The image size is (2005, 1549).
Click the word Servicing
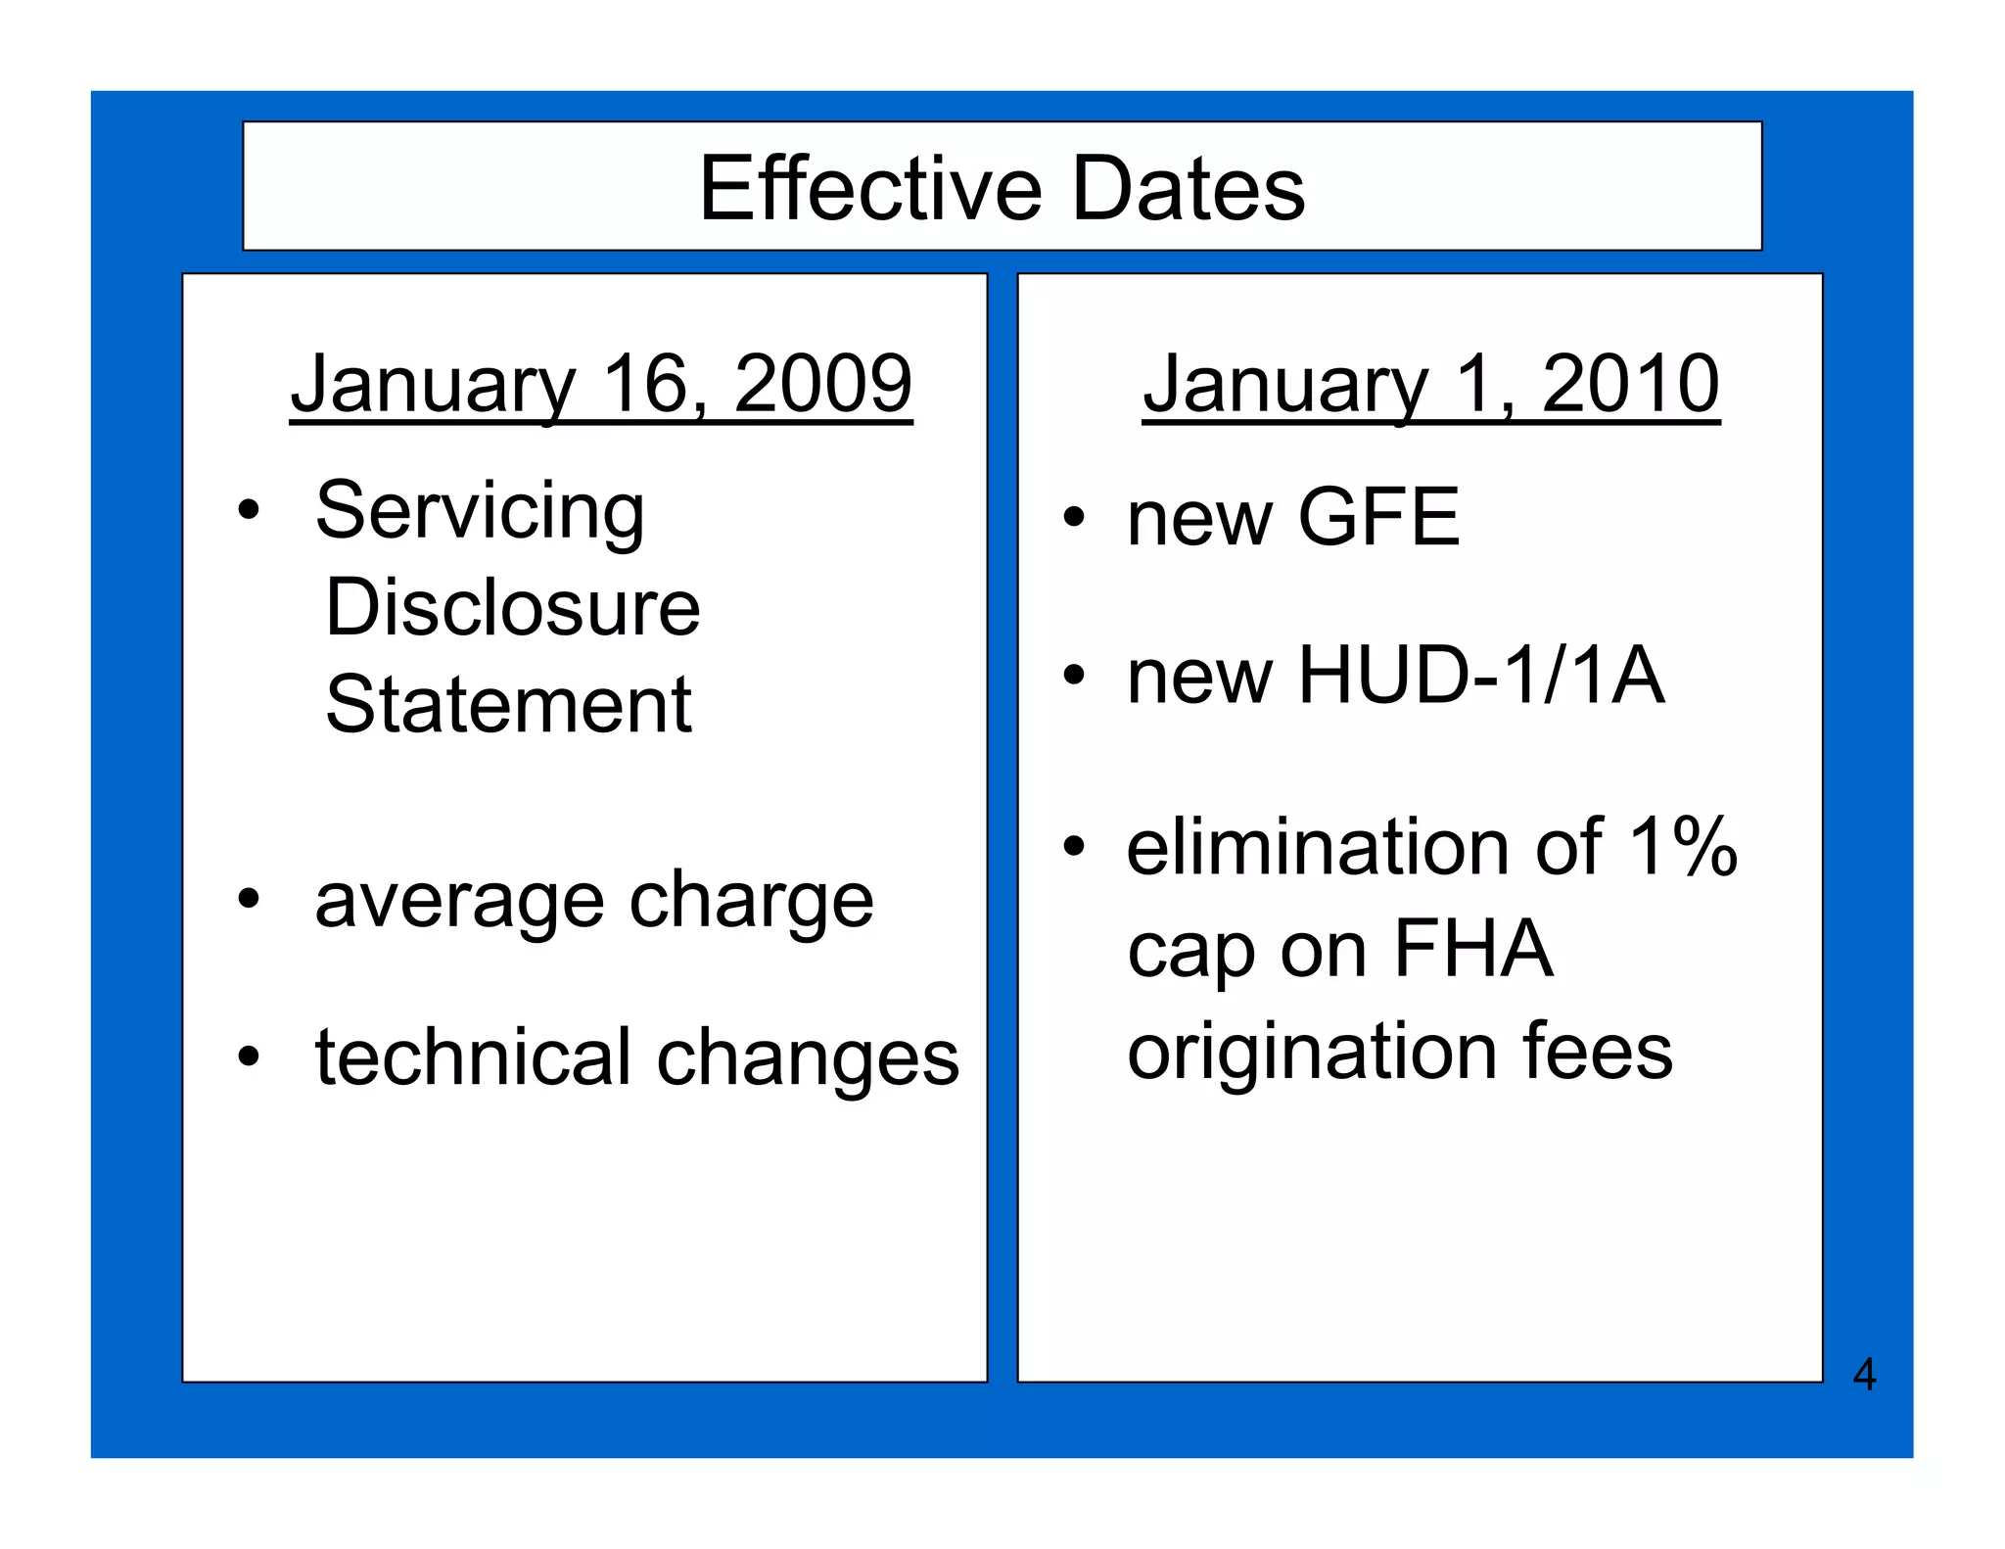click(x=480, y=511)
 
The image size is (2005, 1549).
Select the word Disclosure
click(x=512, y=607)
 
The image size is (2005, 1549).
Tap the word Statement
click(x=508, y=704)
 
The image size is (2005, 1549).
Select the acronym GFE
click(x=1377, y=517)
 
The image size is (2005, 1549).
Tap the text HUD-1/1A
click(x=1480, y=675)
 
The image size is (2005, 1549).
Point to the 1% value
click(x=1683, y=847)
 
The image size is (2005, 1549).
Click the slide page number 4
click(x=1864, y=1375)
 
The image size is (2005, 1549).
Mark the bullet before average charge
click(x=249, y=899)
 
